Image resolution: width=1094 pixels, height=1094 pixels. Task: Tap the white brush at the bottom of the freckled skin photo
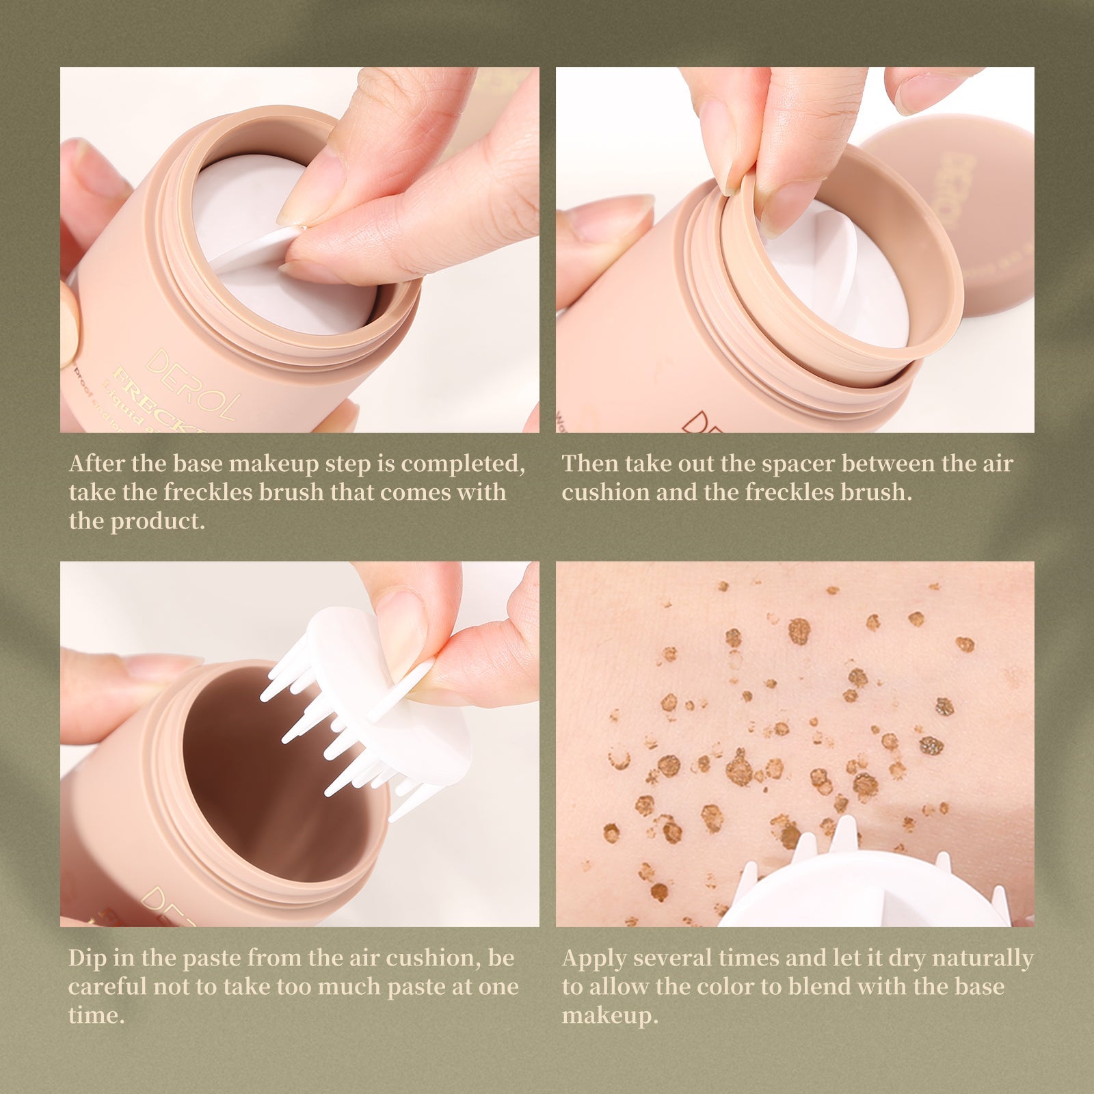click(862, 889)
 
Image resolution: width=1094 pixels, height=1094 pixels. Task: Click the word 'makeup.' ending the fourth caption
click(609, 1016)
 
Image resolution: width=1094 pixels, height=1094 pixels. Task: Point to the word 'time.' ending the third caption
click(96, 1016)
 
